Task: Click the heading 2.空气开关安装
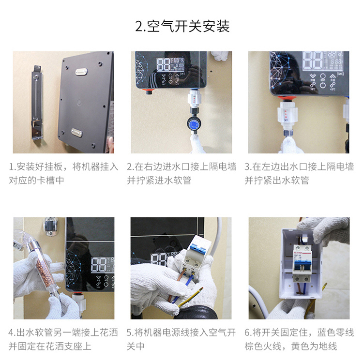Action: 182,27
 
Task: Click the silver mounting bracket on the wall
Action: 37,103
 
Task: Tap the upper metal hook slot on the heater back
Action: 81,72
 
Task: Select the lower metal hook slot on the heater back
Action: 76,132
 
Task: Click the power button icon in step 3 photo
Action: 323,85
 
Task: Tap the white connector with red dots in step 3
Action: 287,114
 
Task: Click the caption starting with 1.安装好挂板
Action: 63,173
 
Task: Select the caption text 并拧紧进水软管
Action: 159,181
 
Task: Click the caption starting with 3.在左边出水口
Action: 299,173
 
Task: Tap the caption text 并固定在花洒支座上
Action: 50,347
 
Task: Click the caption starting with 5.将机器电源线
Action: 181,339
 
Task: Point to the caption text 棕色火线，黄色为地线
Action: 291,347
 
